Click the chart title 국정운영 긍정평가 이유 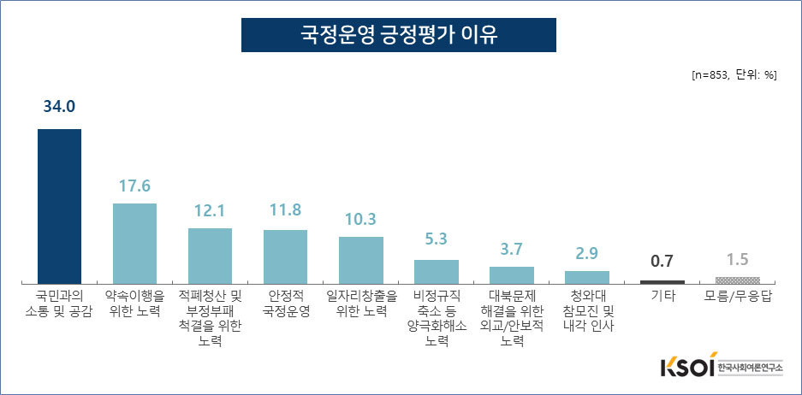point(399,35)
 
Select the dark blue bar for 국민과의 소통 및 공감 point(59,205)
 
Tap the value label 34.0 point(59,107)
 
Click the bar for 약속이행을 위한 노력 point(134,243)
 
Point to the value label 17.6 point(134,186)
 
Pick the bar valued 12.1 point(210,255)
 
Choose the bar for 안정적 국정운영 point(285,256)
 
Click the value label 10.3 point(360,220)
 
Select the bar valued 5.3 point(437,271)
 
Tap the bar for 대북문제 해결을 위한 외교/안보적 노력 point(512,274)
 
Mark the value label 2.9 point(587,254)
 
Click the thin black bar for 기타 point(662,281)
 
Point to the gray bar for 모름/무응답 point(738,280)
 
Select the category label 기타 point(662,297)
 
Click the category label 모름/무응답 point(738,297)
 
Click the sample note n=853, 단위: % point(734,74)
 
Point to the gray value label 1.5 point(738,260)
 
